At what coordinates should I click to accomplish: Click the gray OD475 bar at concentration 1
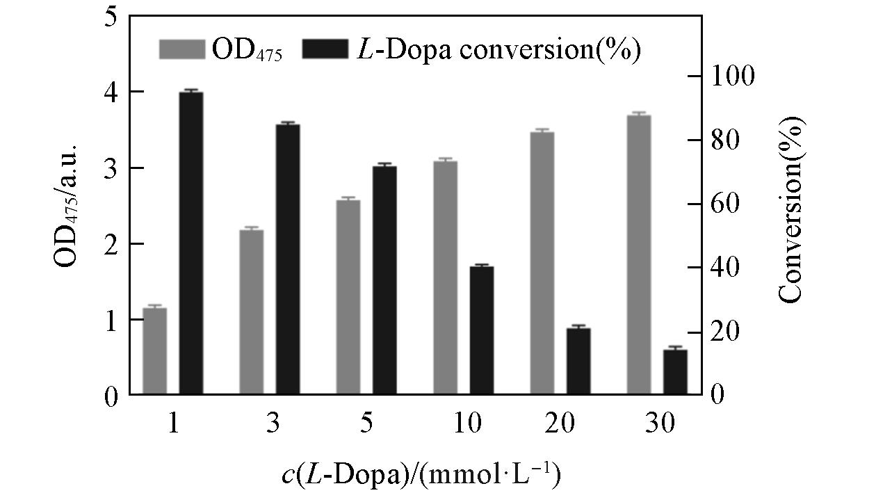[x=155, y=351]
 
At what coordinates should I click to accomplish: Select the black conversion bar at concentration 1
[x=191, y=243]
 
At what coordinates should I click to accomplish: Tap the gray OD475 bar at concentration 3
[x=252, y=312]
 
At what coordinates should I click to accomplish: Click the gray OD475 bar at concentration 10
[x=445, y=278]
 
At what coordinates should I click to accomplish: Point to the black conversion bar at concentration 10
[x=481, y=330]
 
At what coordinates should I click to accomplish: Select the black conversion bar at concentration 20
[x=578, y=362]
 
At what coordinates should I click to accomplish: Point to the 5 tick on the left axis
[x=110, y=17]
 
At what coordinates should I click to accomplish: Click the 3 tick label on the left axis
[x=110, y=168]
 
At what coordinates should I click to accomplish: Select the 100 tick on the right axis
[x=734, y=76]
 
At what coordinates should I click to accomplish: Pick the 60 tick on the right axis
[x=727, y=204]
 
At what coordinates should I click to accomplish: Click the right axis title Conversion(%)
[x=790, y=209]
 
